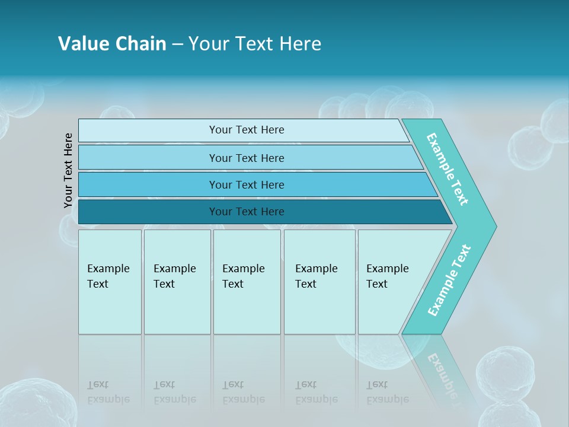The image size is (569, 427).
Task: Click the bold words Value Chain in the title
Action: pos(112,44)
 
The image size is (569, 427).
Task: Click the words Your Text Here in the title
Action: pos(255,44)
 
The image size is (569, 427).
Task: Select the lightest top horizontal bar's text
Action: pos(247,130)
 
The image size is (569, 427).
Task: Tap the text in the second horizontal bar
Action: pos(247,158)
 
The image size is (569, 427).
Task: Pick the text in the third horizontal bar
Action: pos(247,185)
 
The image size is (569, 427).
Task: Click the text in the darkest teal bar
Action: pos(247,212)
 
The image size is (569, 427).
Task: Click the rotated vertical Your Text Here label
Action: pos(68,170)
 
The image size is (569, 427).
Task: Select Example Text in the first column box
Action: pos(108,276)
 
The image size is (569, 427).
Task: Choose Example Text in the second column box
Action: pos(174,276)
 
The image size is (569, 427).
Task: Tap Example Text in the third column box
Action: pos(243,276)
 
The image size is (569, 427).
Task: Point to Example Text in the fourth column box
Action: pos(316,276)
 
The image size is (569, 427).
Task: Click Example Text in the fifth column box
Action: pos(387,276)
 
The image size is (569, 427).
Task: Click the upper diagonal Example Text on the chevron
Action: pos(448,169)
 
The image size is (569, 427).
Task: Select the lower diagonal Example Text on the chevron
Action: pos(449,281)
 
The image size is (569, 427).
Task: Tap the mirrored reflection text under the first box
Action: pos(108,392)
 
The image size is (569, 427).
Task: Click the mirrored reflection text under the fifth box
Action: pos(387,392)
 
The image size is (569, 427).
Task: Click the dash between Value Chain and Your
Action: pos(177,44)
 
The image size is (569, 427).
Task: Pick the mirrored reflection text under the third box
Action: pos(243,392)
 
